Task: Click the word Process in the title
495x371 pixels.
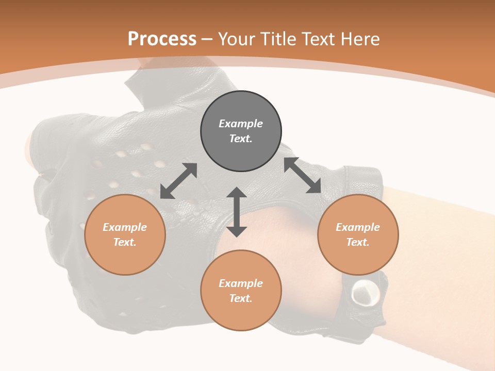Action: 162,39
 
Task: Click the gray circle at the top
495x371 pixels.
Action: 241,131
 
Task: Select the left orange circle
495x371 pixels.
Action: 125,234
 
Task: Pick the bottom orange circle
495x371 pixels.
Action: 241,291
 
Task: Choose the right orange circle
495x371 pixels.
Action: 358,234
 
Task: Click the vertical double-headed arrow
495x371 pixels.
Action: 237,212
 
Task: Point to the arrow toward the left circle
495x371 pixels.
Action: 178,181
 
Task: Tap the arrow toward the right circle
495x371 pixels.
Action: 303,175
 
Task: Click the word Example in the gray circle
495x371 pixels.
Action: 241,124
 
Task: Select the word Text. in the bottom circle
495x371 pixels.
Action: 241,298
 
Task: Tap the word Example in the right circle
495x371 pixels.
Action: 358,227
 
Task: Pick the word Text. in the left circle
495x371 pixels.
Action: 125,242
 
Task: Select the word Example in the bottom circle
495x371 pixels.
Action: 241,283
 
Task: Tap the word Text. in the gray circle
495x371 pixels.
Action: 241,139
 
